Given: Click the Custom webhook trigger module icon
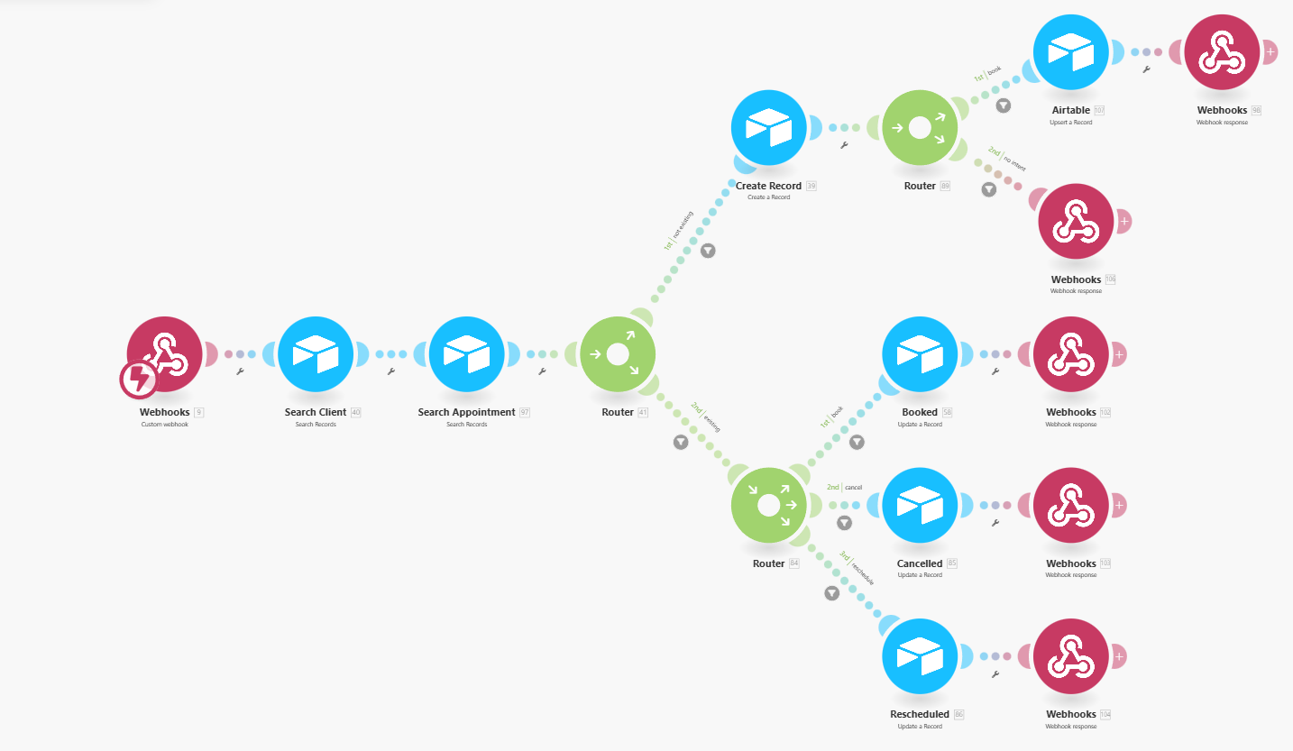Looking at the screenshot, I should coord(165,354).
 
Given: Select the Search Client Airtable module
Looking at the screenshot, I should coord(316,354).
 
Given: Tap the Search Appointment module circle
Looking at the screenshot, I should coord(467,354).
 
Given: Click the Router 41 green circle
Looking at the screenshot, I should coord(618,354).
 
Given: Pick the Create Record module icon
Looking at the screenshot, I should coord(768,128).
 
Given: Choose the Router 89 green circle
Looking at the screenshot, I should coord(919,128).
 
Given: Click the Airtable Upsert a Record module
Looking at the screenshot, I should coord(1070,52).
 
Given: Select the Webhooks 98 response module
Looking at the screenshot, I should coord(1222,52).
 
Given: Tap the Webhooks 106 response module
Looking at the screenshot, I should coord(1076,221).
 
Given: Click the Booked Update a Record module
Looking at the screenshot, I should coord(920,354).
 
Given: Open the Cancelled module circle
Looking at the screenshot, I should coord(920,505).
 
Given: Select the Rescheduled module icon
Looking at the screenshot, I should coord(920,656).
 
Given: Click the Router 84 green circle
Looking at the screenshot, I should coord(768,505).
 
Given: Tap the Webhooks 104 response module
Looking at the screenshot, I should coord(1070,656).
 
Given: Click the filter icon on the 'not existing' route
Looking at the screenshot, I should coord(708,251).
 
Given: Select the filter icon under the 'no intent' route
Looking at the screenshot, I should coord(989,189).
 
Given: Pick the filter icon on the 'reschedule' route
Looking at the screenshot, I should coord(831,593).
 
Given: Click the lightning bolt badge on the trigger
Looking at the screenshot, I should coord(139,380).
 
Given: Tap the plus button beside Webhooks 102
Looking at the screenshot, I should coord(1119,354).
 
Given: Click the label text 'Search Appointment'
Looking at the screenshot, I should coord(466,412).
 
